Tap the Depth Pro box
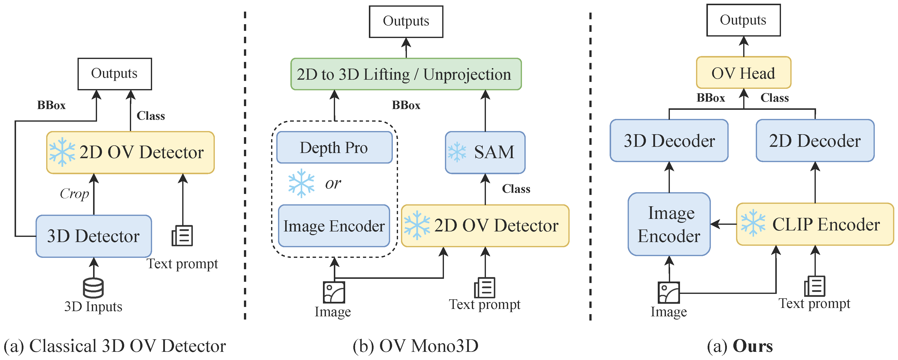click(x=334, y=147)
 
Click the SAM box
click(x=485, y=152)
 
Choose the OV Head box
click(x=744, y=73)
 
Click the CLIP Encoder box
click(x=815, y=224)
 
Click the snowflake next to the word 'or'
click(x=301, y=183)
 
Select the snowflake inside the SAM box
click(x=457, y=152)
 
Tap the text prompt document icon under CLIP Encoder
click(x=815, y=286)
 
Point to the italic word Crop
click(x=74, y=194)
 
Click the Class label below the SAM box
click(x=516, y=189)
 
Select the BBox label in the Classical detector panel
click(x=51, y=105)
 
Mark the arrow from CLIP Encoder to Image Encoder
click(x=723, y=224)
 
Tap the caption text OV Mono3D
click(x=429, y=346)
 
